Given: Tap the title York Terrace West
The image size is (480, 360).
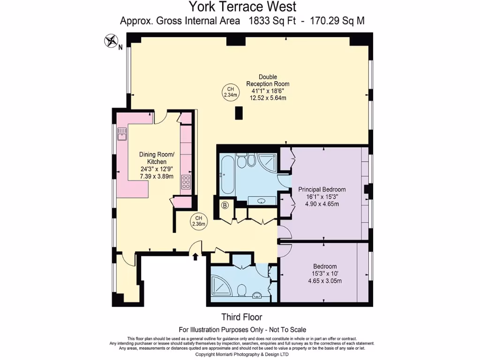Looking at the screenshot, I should pos(242,7).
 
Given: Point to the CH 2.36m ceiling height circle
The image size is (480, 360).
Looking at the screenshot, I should pos(198,221).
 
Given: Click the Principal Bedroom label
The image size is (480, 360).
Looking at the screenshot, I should pos(322,189).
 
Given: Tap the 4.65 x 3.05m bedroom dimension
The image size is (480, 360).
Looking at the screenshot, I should pos(324,281).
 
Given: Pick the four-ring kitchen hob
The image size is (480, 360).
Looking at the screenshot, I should pos(186,182).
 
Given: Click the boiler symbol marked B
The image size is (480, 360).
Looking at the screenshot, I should pos(225,205).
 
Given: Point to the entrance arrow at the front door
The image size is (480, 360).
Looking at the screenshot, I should pos(195,255).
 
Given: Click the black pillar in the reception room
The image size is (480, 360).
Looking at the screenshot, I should pos(239,113).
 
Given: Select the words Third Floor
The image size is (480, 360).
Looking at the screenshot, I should pos(241,317).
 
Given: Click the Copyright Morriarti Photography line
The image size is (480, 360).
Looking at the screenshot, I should pos(242,354).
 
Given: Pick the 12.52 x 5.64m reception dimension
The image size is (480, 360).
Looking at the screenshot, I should pos(267,98).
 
